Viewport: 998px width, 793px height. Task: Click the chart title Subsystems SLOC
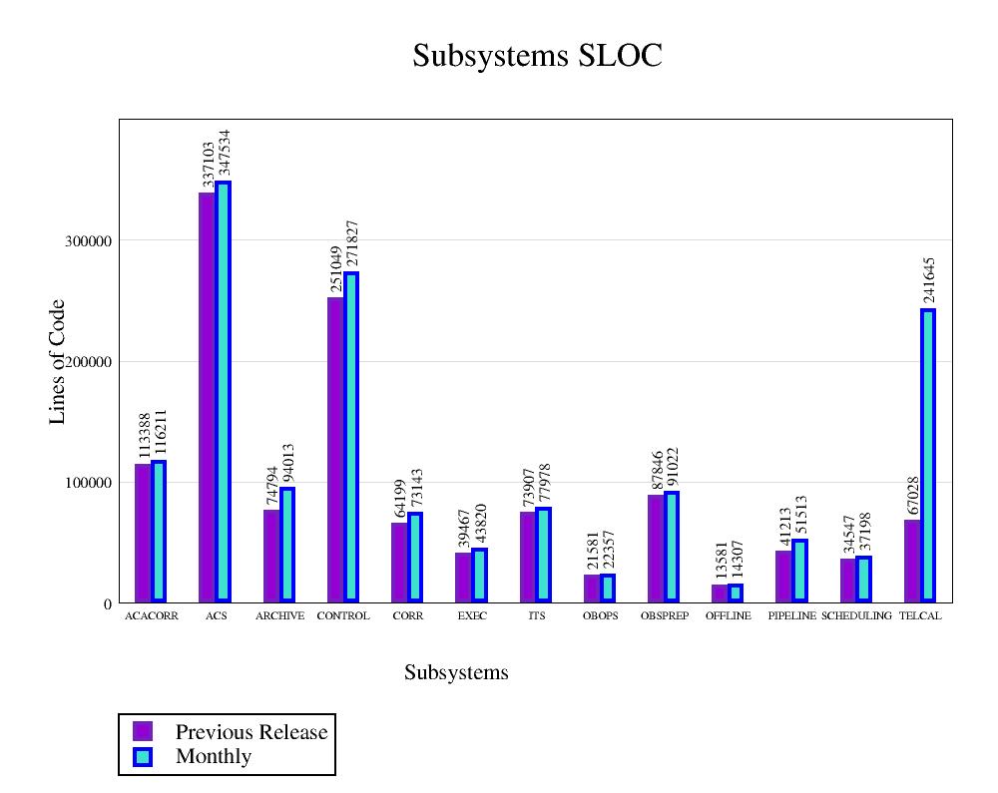coord(537,56)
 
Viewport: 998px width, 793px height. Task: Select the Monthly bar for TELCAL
coord(928,455)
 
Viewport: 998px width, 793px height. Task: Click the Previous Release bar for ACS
coord(207,397)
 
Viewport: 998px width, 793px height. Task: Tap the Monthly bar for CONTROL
coord(351,436)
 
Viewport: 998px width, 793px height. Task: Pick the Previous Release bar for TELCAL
coord(911,561)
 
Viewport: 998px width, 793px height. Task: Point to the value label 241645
coord(929,280)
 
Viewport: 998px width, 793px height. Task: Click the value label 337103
coord(209,164)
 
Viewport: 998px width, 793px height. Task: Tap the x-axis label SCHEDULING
coord(856,616)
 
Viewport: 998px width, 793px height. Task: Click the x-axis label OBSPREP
coord(665,616)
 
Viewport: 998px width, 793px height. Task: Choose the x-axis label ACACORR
coord(152,616)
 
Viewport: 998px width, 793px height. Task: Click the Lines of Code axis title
coord(58,361)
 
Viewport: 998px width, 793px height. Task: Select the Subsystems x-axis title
coord(456,673)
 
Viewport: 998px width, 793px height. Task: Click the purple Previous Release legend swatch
coord(143,731)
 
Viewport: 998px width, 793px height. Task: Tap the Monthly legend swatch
coord(143,757)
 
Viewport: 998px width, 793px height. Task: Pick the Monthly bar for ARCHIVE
coord(287,545)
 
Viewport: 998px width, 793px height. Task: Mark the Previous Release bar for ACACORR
coord(143,533)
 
